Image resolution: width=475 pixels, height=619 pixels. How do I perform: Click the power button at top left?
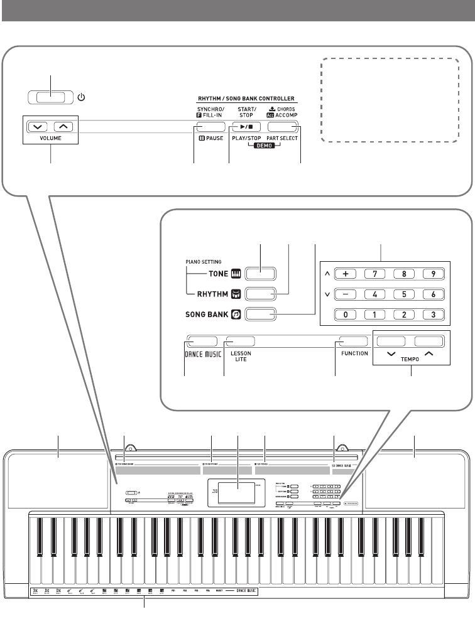point(50,98)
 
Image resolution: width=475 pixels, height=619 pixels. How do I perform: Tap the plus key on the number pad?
point(346,274)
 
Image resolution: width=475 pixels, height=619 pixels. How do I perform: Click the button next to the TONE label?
point(261,274)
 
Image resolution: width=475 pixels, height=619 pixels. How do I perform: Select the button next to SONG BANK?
point(261,315)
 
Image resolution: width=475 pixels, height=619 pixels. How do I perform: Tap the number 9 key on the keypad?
point(430,274)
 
